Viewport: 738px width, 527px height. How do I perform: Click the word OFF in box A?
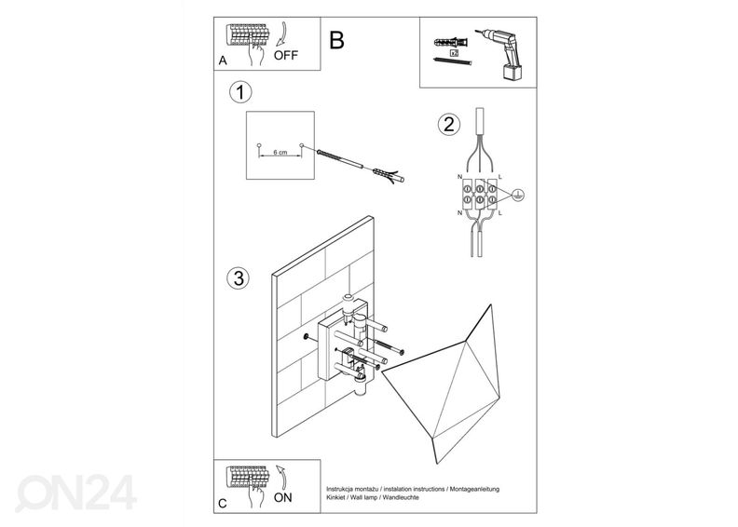pos(286,55)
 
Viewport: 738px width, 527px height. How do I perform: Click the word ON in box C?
pos(283,498)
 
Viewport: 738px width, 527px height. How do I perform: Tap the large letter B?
pos(336,40)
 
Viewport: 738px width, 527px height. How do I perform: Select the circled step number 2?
pos(449,124)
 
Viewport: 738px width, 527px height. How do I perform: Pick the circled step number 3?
pos(239,277)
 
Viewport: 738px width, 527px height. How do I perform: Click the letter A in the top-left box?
pos(222,61)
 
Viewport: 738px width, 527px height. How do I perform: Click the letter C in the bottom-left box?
pos(221,504)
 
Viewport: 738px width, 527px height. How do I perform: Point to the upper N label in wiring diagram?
pos(460,175)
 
